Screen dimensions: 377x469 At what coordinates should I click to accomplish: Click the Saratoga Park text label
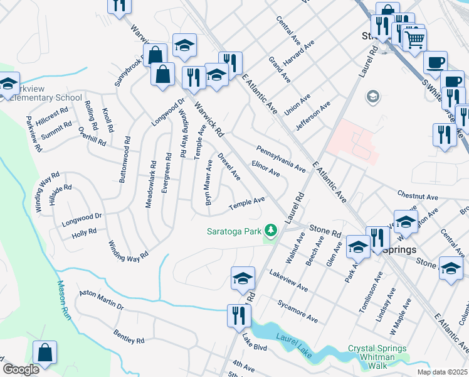point(234,231)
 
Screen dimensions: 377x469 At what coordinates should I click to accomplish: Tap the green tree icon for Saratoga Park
point(271,232)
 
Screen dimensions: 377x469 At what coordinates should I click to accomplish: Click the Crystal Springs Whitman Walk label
point(377,352)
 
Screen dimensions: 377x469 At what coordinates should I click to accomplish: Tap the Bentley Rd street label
point(129,336)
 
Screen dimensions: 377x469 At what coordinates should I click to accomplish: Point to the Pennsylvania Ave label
point(280,159)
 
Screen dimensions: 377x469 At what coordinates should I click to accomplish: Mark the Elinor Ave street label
point(265,168)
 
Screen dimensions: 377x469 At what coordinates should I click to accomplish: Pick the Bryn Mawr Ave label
point(208,182)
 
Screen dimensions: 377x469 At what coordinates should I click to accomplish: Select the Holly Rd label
point(84,232)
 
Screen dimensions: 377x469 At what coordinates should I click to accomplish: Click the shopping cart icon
point(413,40)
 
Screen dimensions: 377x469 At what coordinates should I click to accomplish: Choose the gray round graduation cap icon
point(372,97)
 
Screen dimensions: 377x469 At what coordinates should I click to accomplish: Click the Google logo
point(21,369)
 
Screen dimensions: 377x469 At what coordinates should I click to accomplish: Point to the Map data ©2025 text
point(441,372)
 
